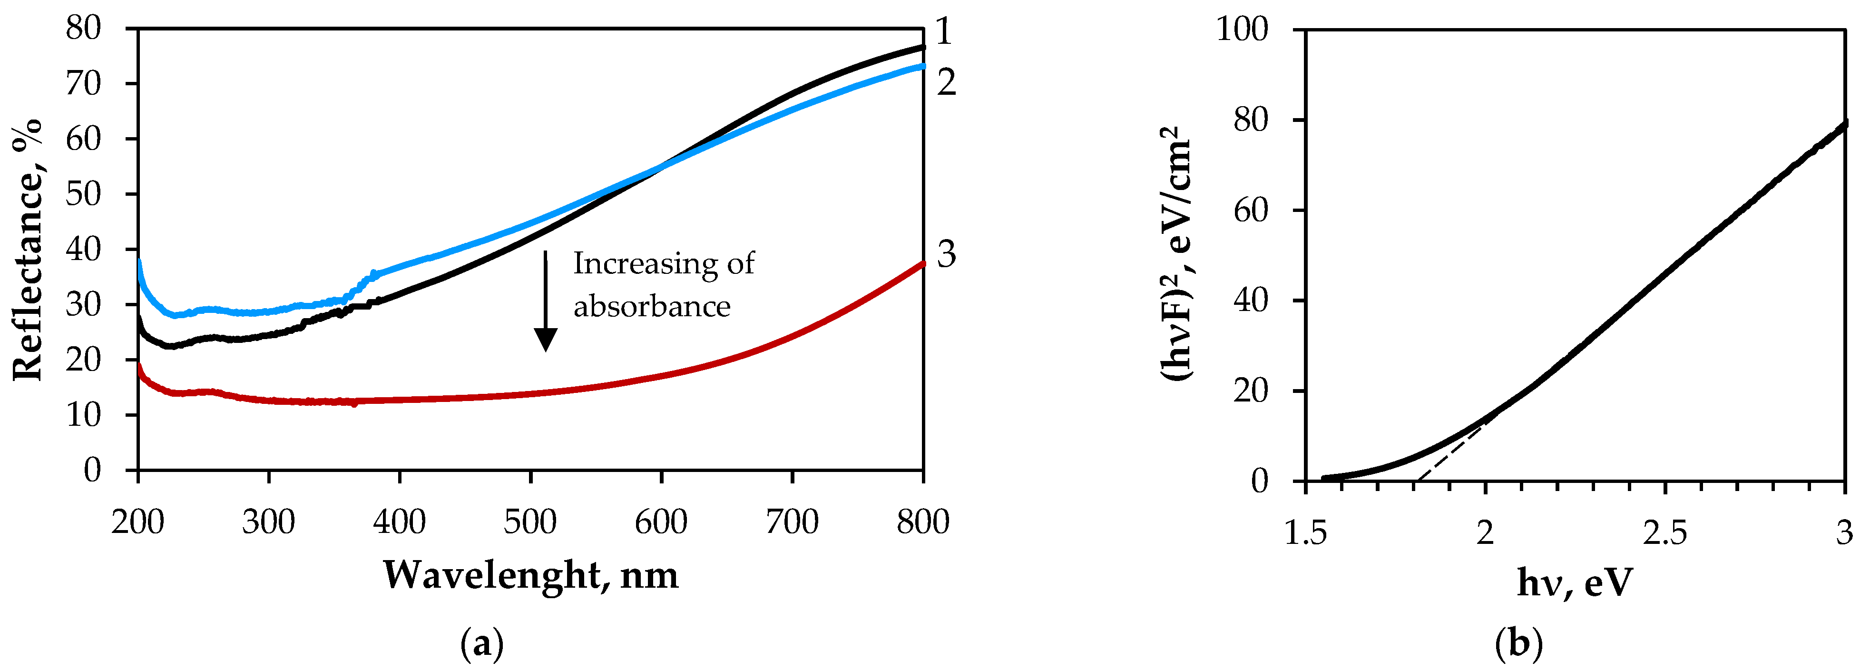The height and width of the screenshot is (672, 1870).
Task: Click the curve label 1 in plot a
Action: [942, 32]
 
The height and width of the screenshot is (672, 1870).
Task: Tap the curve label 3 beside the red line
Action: [946, 254]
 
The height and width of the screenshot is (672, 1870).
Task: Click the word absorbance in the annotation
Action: [651, 307]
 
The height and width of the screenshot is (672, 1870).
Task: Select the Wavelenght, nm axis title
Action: [531, 575]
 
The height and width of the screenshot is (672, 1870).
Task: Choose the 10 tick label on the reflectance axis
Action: [83, 415]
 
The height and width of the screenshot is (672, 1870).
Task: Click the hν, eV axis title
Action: [1575, 582]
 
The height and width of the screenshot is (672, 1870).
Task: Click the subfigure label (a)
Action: [482, 644]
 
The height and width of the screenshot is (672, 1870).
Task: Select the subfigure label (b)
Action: [1518, 644]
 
